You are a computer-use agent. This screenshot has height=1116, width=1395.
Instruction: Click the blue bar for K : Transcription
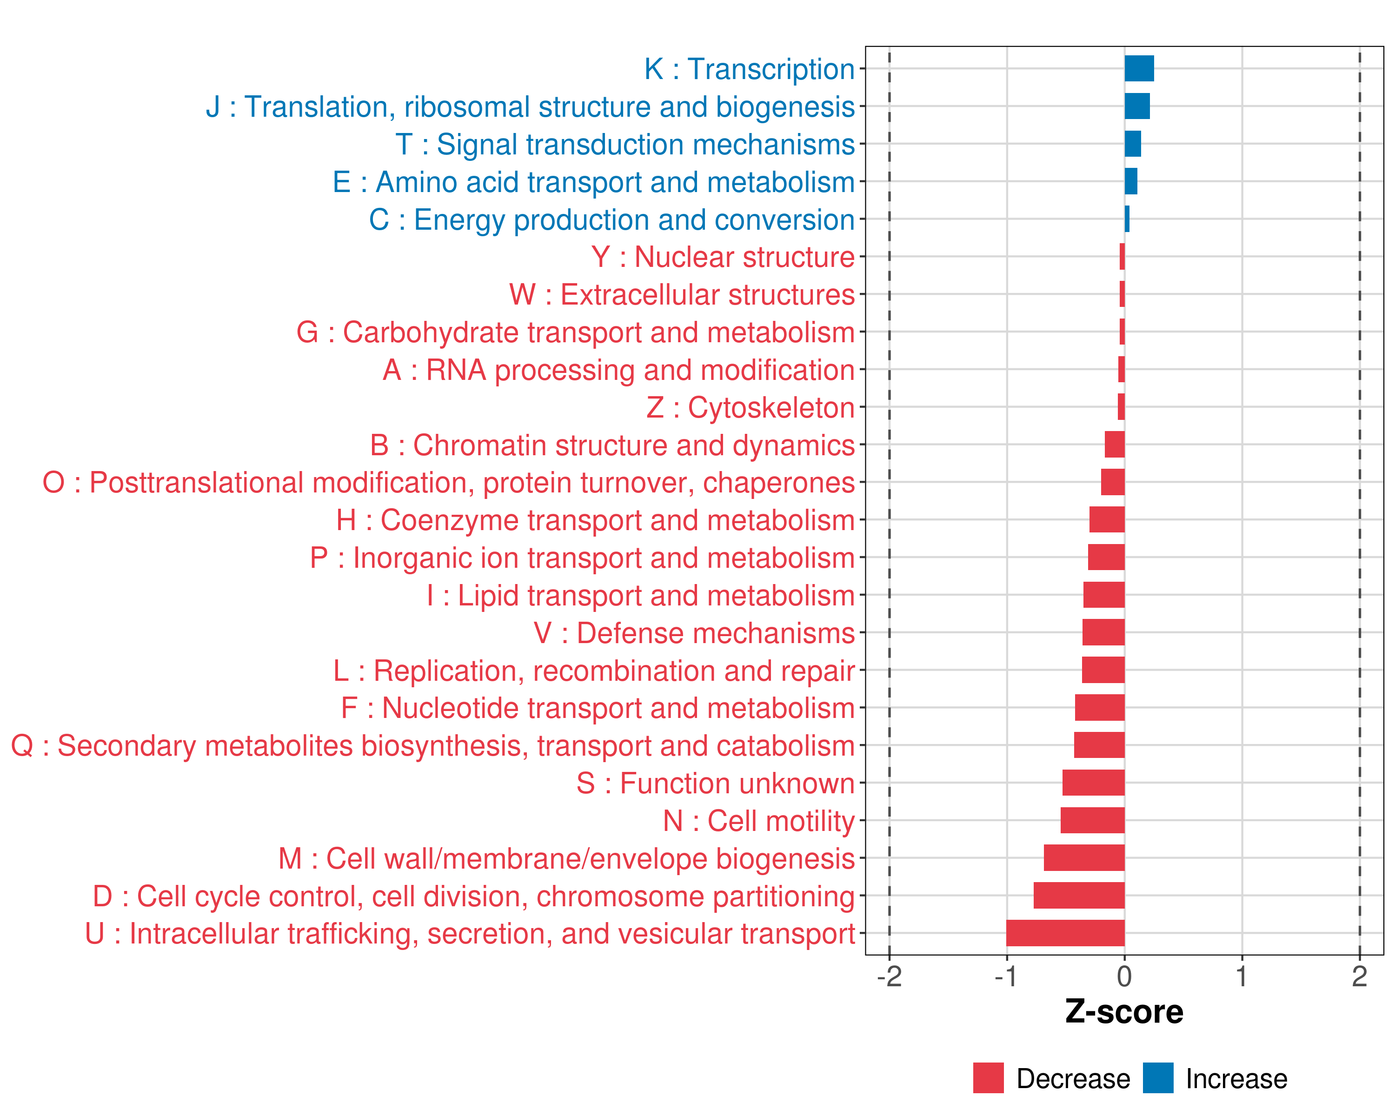pyautogui.click(x=1139, y=68)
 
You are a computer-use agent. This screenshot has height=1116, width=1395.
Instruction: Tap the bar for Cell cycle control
pyautogui.click(x=1079, y=896)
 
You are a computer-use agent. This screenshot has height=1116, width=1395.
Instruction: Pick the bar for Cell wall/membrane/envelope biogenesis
pyautogui.click(x=1084, y=858)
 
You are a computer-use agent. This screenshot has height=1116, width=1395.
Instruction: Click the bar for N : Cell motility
pyautogui.click(x=1092, y=820)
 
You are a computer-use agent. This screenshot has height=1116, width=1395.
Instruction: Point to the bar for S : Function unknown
pyautogui.click(x=1094, y=783)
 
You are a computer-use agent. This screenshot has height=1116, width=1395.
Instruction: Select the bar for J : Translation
pyautogui.click(x=1137, y=106)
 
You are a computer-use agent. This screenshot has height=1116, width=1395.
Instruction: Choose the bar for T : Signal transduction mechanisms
pyautogui.click(x=1132, y=144)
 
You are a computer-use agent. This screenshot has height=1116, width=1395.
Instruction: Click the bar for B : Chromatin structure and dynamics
pyautogui.click(x=1114, y=445)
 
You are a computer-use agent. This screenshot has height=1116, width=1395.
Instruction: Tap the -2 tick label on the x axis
pyautogui.click(x=889, y=976)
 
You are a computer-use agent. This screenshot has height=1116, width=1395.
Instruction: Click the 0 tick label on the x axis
pyautogui.click(x=1124, y=976)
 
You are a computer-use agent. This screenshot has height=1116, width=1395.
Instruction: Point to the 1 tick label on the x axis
pyautogui.click(x=1242, y=976)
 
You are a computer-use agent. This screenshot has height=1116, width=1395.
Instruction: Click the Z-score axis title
pyautogui.click(x=1124, y=1012)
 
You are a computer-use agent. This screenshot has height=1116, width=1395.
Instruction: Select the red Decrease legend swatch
pyautogui.click(x=988, y=1078)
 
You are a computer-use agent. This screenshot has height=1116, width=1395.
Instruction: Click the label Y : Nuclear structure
pyautogui.click(x=723, y=257)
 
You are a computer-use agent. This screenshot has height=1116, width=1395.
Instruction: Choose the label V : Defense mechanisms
pyautogui.click(x=694, y=633)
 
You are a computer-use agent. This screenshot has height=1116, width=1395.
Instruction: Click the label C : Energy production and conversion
pyautogui.click(x=611, y=219)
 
